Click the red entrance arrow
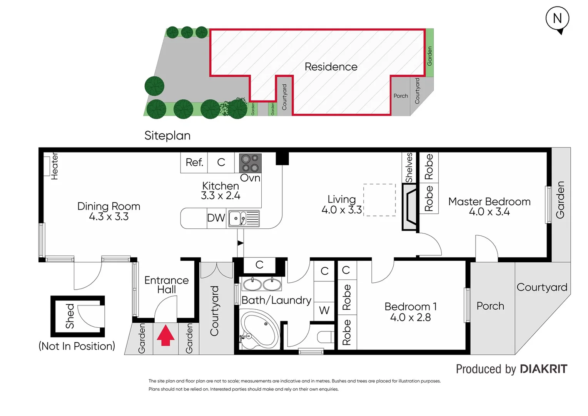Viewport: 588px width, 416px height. point(165,335)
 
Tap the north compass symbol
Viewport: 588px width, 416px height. point(557,19)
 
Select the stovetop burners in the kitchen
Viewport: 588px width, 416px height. point(250,163)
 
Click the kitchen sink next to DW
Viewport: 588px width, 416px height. point(244,219)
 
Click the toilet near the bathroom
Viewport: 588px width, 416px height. point(326,337)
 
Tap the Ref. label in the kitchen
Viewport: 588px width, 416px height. point(194,162)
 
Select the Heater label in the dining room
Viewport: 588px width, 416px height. point(55,166)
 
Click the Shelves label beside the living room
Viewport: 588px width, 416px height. point(409,168)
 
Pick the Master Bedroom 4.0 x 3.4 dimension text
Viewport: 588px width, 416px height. point(489,212)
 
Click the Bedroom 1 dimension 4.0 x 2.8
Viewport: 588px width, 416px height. point(410,317)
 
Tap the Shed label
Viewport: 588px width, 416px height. point(70,316)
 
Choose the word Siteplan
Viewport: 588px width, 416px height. point(167,136)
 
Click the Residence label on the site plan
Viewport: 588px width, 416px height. point(331,67)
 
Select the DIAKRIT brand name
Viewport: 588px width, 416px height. point(543,369)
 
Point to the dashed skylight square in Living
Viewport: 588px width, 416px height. point(379,200)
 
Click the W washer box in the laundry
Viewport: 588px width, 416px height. point(324,310)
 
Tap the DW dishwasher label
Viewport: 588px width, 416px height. point(216,218)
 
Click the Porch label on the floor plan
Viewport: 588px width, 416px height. point(490,306)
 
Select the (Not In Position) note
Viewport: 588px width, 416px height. point(77,346)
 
